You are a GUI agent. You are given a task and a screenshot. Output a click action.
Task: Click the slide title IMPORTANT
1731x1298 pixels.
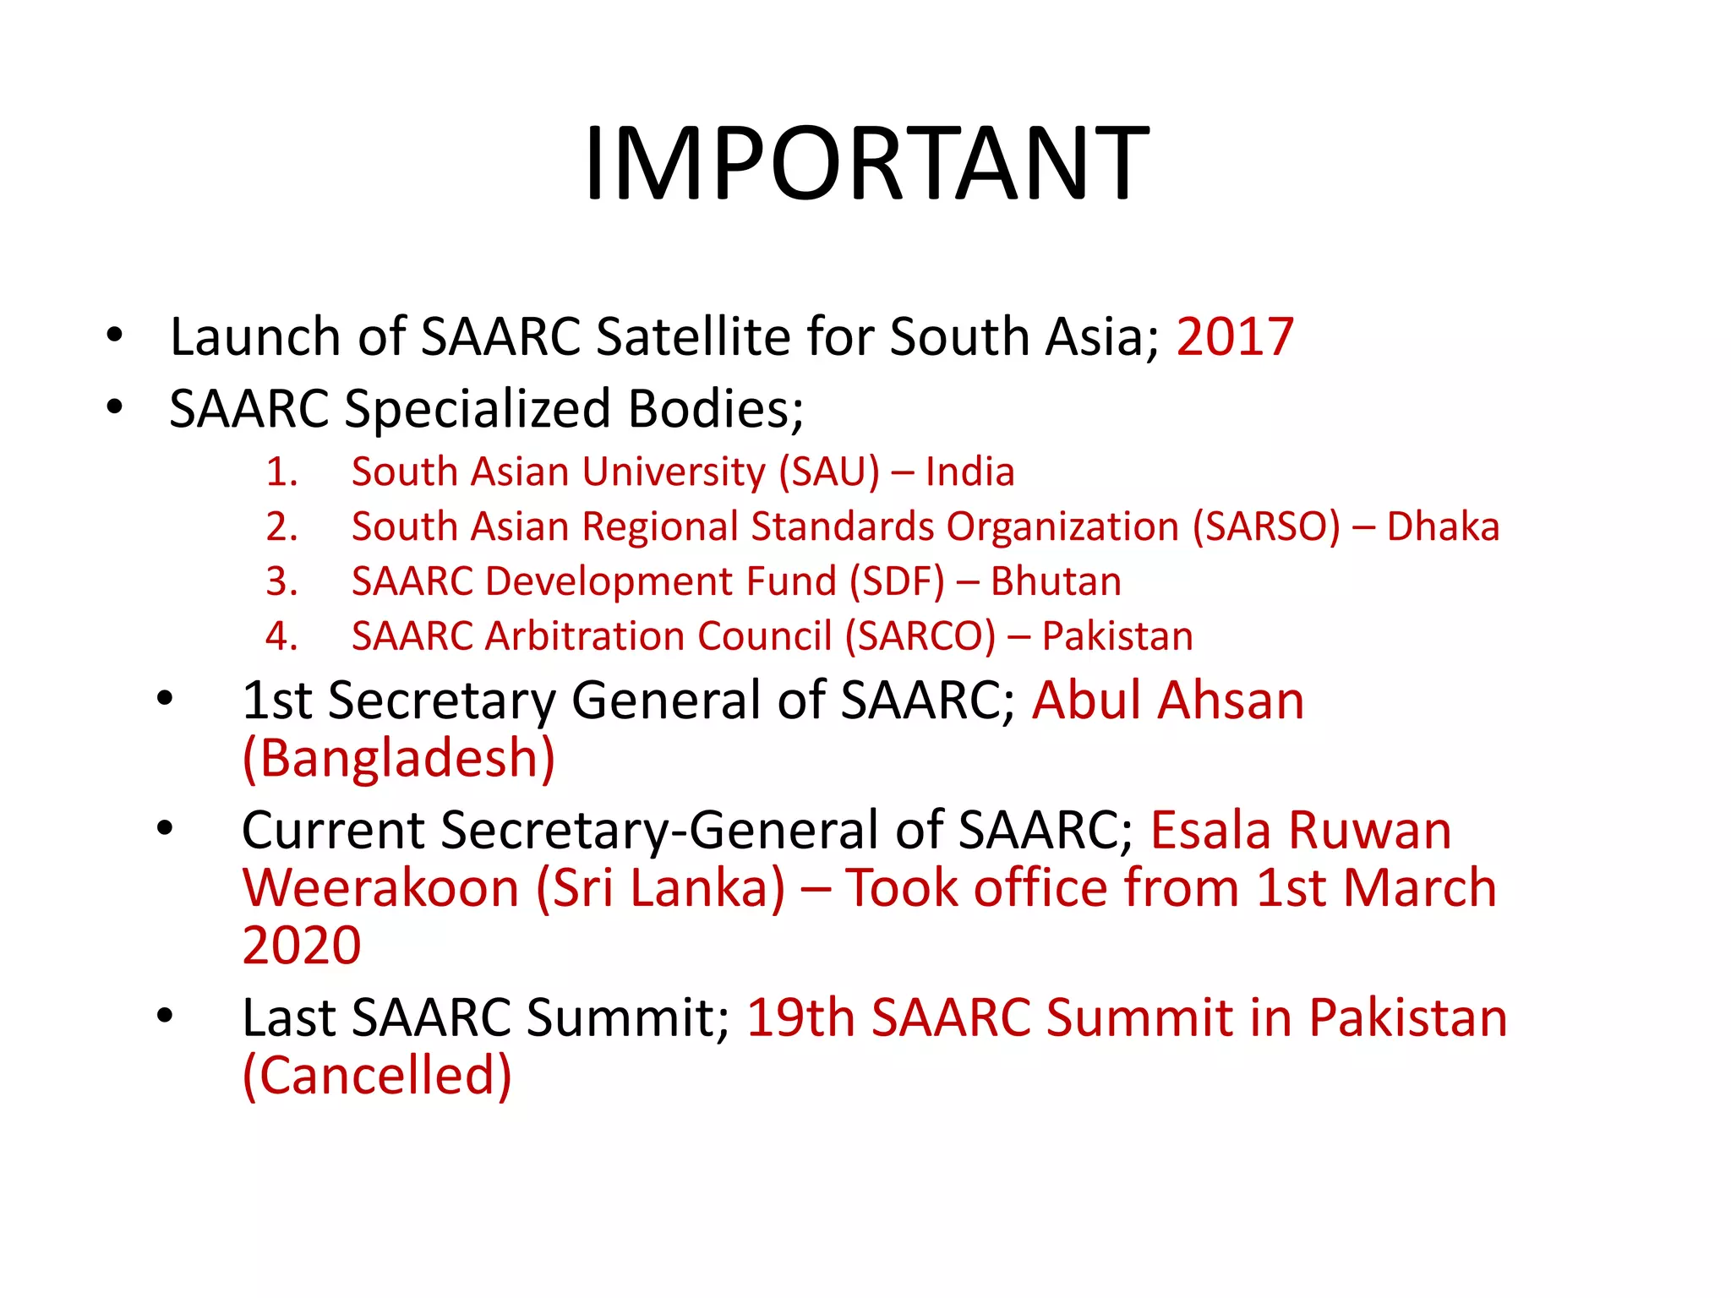[865, 162]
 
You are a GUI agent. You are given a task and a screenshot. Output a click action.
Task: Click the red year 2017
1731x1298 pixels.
[1234, 337]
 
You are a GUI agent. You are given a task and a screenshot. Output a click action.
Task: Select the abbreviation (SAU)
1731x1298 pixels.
[828, 472]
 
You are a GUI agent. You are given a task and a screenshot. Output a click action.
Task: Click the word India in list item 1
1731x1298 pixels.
[969, 472]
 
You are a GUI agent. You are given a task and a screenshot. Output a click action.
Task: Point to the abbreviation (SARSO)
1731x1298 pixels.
[1266, 527]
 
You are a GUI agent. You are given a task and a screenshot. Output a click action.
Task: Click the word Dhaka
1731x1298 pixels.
[1443, 527]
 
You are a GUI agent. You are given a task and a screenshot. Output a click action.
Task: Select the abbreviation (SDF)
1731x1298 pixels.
[897, 582]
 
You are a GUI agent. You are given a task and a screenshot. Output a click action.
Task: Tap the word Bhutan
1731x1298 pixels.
[1056, 582]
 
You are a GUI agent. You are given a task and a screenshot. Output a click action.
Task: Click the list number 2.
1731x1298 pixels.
[281, 527]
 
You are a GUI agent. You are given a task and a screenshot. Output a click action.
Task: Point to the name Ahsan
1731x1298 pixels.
[1231, 701]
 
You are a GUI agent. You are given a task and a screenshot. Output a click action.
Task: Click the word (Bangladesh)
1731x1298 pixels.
[398, 758]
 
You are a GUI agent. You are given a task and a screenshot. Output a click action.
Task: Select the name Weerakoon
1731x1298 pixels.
[380, 888]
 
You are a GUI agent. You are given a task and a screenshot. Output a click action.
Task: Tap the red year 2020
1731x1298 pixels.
[301, 946]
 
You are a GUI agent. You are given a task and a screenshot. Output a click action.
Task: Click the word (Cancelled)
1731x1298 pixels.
[377, 1076]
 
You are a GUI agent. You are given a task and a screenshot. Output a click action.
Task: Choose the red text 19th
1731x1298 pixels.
[800, 1017]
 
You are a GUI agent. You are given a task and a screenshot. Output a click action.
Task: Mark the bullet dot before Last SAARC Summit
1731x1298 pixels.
[164, 1016]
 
